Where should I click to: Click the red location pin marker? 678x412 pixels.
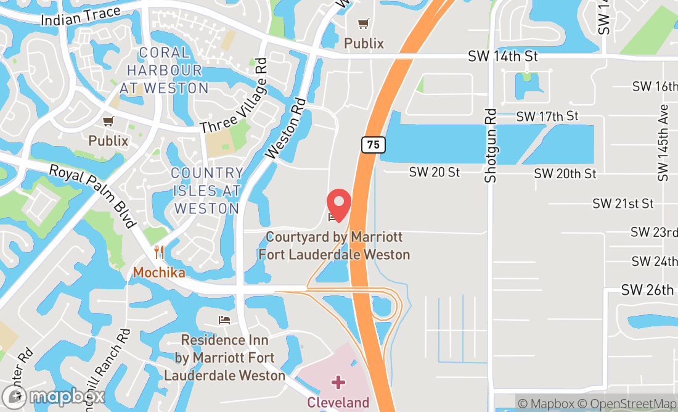click(338, 204)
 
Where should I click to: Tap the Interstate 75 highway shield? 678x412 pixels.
click(374, 145)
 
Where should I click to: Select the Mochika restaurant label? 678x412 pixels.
click(159, 272)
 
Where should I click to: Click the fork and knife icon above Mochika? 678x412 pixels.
click(159, 252)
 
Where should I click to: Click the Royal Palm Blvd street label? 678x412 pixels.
click(92, 196)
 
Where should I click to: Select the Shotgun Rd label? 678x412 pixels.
click(491, 146)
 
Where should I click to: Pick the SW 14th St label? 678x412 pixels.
click(503, 56)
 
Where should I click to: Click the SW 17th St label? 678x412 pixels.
click(547, 116)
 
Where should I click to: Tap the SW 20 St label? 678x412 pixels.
click(435, 172)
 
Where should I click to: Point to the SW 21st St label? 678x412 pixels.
click(623, 203)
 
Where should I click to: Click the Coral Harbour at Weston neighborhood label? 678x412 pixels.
click(164, 70)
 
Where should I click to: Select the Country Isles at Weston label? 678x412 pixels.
click(206, 191)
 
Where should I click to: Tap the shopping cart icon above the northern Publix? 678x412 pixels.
click(364, 24)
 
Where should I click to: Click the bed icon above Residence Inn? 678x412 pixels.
click(224, 320)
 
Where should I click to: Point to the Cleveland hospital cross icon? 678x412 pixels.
click(338, 382)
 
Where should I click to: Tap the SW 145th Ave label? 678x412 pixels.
click(663, 142)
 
